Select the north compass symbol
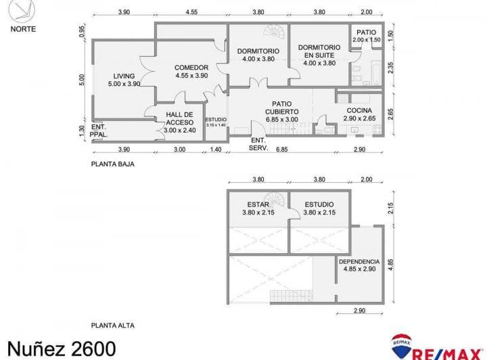(x=22, y=12)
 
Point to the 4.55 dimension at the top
(x=191, y=12)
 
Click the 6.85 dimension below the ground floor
(x=281, y=150)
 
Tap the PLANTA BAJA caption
(x=113, y=164)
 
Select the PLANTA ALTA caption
(x=113, y=325)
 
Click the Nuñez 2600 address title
(x=62, y=348)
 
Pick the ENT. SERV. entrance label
(x=258, y=144)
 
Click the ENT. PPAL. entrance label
(x=99, y=131)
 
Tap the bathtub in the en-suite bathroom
(x=375, y=72)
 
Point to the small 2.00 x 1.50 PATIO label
(x=366, y=36)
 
